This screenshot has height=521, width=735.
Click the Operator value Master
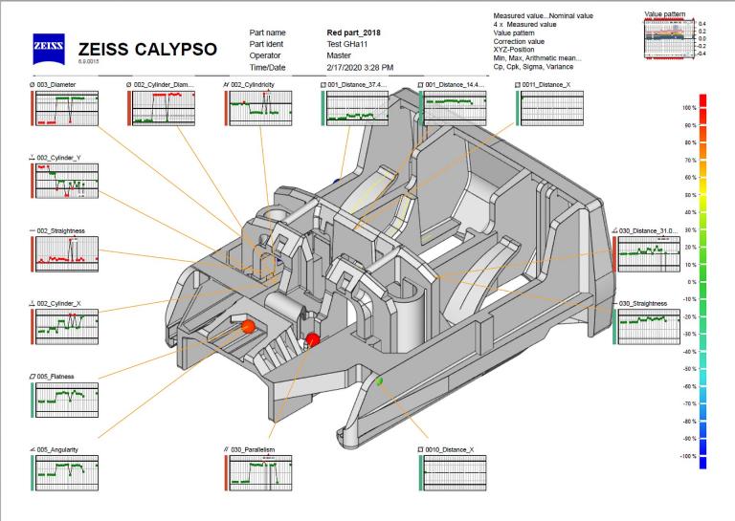(x=340, y=54)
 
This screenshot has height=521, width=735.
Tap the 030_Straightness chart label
(x=643, y=303)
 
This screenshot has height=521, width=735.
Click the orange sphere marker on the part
(x=248, y=327)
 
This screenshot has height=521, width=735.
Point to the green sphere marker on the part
(x=379, y=381)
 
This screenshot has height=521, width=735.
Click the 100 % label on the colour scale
(x=686, y=108)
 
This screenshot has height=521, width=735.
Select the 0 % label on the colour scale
(x=688, y=282)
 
